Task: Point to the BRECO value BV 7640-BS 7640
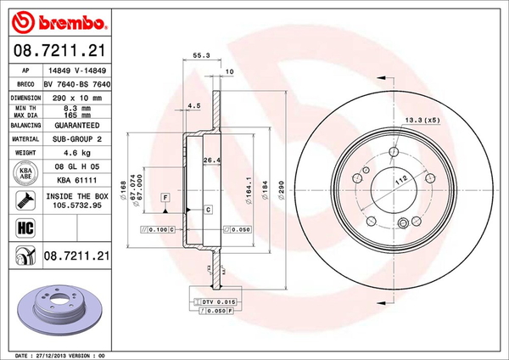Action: point(79,85)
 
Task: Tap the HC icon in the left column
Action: point(25,228)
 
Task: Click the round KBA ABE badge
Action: point(25,174)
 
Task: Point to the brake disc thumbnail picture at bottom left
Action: point(58,307)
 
